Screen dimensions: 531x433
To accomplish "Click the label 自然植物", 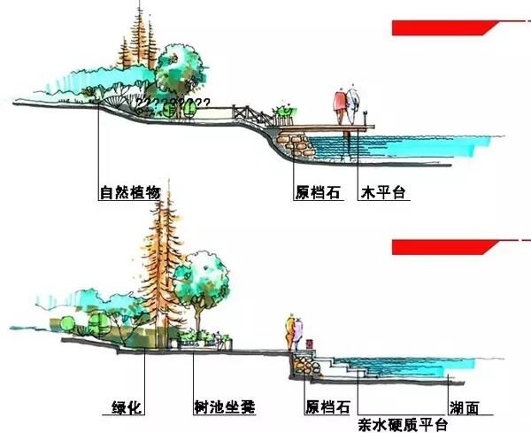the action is tap(130, 192).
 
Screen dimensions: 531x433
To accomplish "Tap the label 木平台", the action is tap(383, 192).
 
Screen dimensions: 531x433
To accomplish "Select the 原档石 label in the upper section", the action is tap(318, 192).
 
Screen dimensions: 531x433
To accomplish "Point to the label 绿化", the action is tap(127, 407).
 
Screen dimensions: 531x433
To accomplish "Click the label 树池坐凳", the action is tap(225, 407).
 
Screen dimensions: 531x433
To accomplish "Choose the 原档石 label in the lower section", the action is tap(327, 407).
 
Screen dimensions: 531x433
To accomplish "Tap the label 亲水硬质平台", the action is tap(403, 425).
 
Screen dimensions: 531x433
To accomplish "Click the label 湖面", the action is tap(465, 408).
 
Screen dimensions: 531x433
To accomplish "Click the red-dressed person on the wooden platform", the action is tap(340, 107).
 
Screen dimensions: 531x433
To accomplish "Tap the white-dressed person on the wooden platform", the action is tap(351, 105).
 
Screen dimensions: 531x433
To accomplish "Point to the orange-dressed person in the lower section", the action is tap(290, 333).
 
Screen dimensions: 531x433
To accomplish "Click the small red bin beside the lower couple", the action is tap(309, 344).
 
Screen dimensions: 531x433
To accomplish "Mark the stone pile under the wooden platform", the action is tap(296, 144).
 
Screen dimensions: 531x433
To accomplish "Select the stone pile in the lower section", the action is tap(306, 365).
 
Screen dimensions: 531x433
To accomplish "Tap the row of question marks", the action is tap(173, 102).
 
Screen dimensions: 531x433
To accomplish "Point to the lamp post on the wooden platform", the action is tap(365, 118).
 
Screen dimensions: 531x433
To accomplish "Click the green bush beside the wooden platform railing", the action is tap(285, 111).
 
